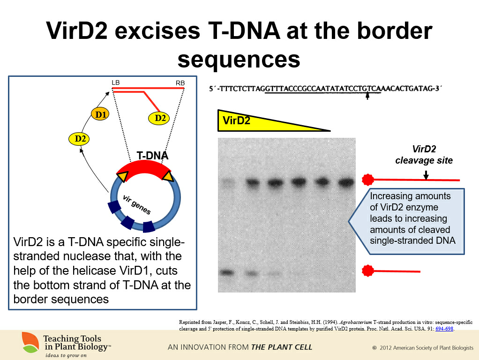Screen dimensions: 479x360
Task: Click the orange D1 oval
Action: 100,114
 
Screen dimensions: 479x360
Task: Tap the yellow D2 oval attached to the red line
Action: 159,118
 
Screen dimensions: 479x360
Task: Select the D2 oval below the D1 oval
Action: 79,139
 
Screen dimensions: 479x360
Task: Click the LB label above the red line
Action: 115,82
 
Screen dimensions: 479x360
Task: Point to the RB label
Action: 180,83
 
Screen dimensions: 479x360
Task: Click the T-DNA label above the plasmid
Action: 152,156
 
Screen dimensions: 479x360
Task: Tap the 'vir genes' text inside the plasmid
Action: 136,205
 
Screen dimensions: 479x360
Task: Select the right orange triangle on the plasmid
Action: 168,176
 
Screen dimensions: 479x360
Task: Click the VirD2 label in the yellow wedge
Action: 236,121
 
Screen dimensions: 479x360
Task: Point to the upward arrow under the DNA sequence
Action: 367,96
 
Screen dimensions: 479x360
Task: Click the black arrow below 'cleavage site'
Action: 426,175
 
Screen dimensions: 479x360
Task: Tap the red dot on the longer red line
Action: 368,180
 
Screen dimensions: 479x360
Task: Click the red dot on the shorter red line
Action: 368,271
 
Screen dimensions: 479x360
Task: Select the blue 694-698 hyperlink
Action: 444,329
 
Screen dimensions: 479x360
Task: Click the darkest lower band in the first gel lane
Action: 227,272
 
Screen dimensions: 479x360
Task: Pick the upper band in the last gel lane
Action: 346,183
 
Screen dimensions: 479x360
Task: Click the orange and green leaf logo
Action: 30,342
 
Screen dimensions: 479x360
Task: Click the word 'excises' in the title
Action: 157,31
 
